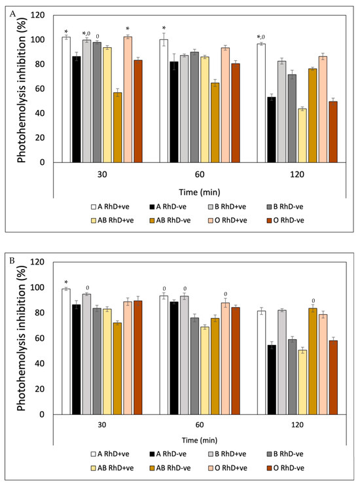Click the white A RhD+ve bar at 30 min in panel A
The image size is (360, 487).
click(x=66, y=99)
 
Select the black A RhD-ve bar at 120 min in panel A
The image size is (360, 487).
click(x=272, y=130)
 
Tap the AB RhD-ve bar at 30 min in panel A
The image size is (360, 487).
click(x=117, y=128)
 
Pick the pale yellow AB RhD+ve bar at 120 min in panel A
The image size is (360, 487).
click(x=302, y=135)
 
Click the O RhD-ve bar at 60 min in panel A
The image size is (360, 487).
click(x=236, y=113)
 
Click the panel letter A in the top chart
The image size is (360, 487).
click(x=12, y=14)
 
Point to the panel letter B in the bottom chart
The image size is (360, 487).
click(x=12, y=261)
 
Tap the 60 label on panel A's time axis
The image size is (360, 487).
click(x=200, y=175)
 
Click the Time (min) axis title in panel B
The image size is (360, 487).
click(x=200, y=440)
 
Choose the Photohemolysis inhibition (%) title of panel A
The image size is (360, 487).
click(x=22, y=90)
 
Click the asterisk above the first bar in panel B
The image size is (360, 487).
click(x=66, y=282)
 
